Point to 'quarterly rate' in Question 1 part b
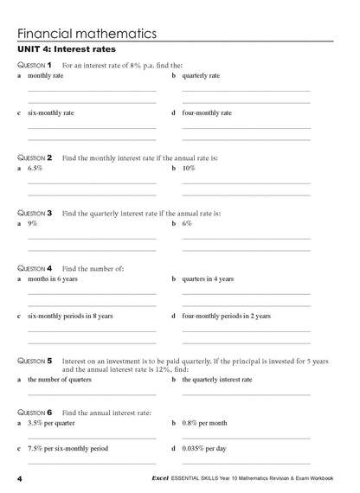(201, 76)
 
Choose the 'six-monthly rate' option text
(51, 112)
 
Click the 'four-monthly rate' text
(207, 112)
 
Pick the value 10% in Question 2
(190, 169)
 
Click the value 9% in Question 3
(32, 223)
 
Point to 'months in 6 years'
(57, 279)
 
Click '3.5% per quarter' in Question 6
(55, 424)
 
